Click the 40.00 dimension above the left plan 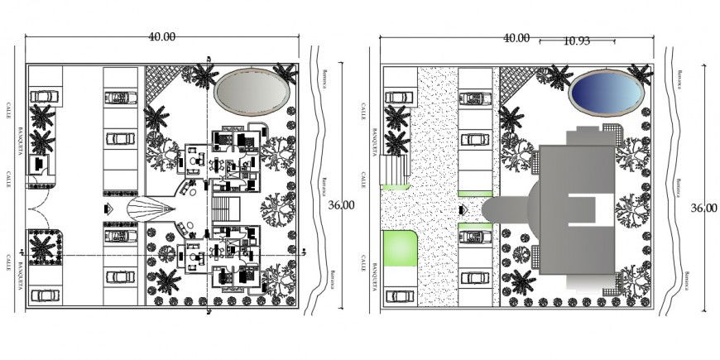pos(161,36)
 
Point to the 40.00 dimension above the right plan pos(516,37)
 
